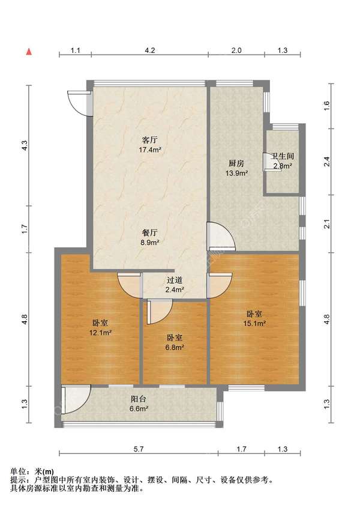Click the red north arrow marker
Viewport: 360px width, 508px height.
[x=29, y=51]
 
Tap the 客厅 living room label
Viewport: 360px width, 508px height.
[x=150, y=141]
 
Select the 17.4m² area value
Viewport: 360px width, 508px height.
[x=150, y=150]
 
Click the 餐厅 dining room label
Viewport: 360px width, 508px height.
[x=150, y=232]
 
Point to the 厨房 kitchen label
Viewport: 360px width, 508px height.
[x=236, y=163]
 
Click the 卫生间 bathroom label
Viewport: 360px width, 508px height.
[x=283, y=157]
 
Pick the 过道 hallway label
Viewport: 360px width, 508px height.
[x=175, y=280]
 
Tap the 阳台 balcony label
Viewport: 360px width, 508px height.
[x=139, y=399]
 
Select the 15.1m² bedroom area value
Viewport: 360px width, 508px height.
[x=254, y=323]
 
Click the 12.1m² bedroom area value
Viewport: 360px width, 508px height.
[x=100, y=333]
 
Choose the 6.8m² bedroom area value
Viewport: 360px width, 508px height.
[x=175, y=347]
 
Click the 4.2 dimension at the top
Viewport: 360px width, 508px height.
[x=149, y=50]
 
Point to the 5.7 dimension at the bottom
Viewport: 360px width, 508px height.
[x=138, y=449]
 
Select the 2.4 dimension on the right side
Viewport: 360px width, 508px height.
[x=327, y=162]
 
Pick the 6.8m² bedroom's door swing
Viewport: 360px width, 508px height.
[x=160, y=312]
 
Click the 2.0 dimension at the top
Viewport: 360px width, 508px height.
[x=236, y=50]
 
